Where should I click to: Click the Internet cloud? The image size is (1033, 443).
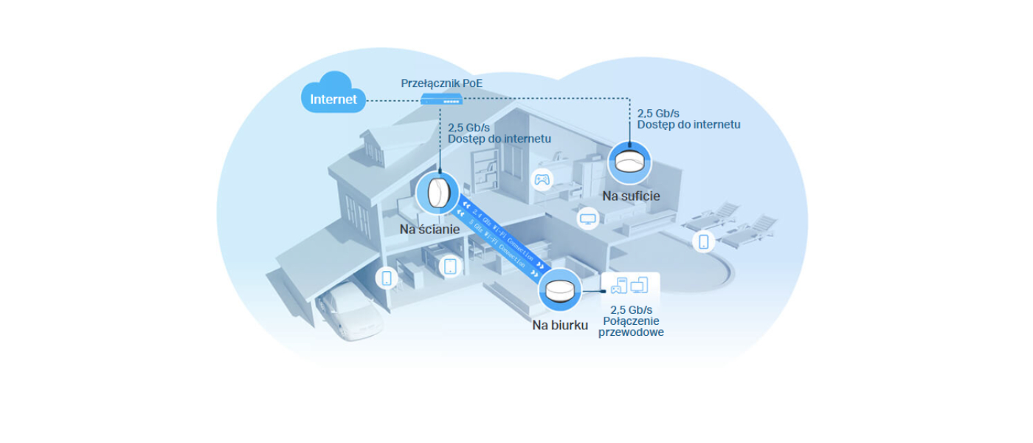(x=334, y=94)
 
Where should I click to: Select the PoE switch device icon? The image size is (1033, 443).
(x=442, y=99)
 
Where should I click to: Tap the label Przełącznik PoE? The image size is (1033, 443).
(x=442, y=83)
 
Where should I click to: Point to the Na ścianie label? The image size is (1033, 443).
(x=429, y=230)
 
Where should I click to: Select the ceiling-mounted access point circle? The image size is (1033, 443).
(x=629, y=163)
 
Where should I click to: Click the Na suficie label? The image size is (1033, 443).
(x=631, y=196)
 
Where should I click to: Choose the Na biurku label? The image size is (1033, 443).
(x=560, y=325)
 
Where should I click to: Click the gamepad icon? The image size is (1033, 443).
(x=542, y=179)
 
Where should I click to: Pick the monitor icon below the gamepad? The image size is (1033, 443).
(x=587, y=219)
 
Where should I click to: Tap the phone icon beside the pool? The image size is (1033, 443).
(x=703, y=241)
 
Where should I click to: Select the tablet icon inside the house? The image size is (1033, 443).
(x=450, y=266)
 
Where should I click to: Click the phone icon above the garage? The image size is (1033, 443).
(x=386, y=278)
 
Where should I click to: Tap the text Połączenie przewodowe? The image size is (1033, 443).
(x=631, y=327)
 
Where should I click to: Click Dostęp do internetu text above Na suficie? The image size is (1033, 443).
(x=688, y=125)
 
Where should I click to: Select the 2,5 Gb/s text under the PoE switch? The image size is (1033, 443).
(x=469, y=127)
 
